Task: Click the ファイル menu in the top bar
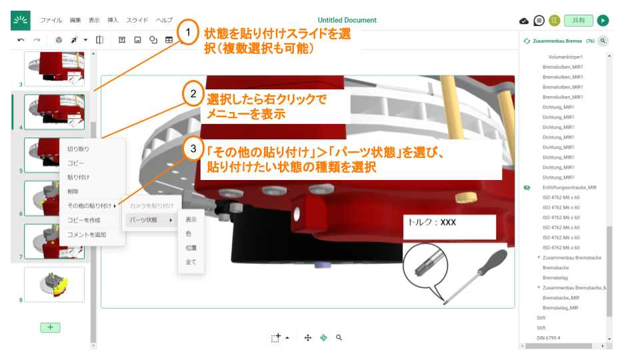click(x=51, y=20)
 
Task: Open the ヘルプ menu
click(x=164, y=20)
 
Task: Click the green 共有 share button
click(x=578, y=21)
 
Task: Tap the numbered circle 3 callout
click(x=193, y=149)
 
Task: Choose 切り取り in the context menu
click(x=78, y=149)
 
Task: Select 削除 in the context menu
click(x=73, y=191)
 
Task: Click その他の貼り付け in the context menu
click(x=89, y=205)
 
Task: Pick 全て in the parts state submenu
click(x=191, y=262)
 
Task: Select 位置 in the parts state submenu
click(x=191, y=248)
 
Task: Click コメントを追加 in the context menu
click(x=86, y=235)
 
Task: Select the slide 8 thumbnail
click(x=55, y=284)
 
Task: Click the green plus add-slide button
click(x=50, y=327)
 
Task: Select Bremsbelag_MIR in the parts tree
click(x=561, y=307)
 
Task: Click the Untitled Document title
click(x=347, y=20)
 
